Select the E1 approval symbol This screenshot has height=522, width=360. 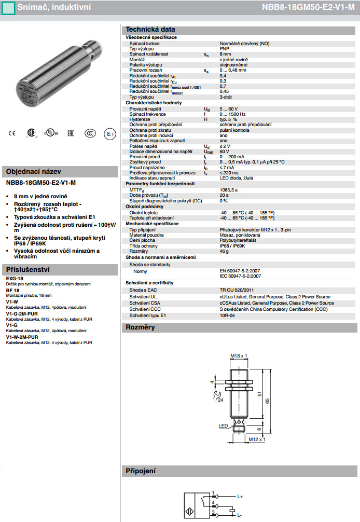pyautogui.click(x=109, y=133)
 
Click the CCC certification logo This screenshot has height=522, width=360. pyautogui.click(x=90, y=133)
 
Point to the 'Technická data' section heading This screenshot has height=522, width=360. pyautogui.click(x=144, y=30)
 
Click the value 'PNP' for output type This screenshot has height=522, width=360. pyautogui.click(x=224, y=49)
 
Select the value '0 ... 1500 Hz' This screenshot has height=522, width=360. pyautogui.click(x=233, y=114)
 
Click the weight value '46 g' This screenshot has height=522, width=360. pyautogui.click(x=224, y=251)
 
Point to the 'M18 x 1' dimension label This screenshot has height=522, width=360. pyautogui.click(x=239, y=356)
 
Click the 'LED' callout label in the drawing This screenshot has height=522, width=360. pyautogui.click(x=223, y=425)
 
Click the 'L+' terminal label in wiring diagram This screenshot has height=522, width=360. pyautogui.click(x=241, y=496)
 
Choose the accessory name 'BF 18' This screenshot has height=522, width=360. pyautogui.click(x=12, y=291)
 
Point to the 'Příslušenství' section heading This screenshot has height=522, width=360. pyautogui.click(x=27, y=269)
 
